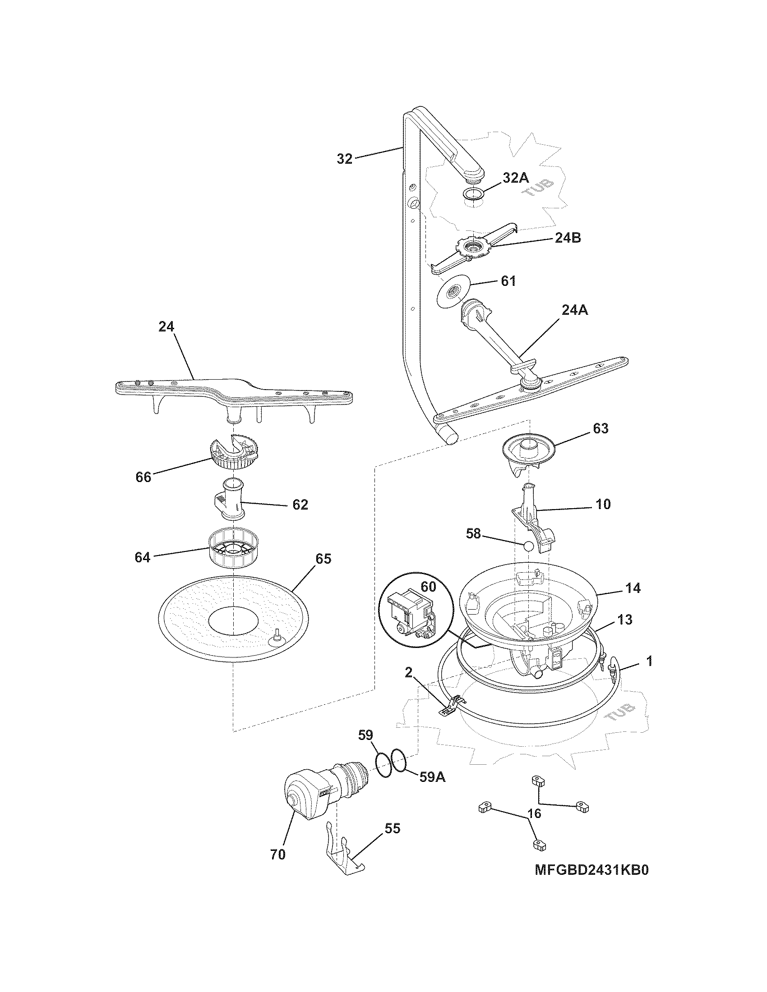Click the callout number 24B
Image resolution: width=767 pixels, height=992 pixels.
[x=568, y=238]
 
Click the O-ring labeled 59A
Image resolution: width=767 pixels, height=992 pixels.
[x=398, y=759]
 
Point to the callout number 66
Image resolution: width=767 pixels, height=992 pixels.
[x=143, y=477]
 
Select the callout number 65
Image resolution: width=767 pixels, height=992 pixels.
[x=323, y=559]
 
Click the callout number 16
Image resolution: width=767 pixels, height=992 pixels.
[x=535, y=813]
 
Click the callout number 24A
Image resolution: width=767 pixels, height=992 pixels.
[x=574, y=310]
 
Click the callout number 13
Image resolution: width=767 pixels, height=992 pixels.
[x=625, y=620]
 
